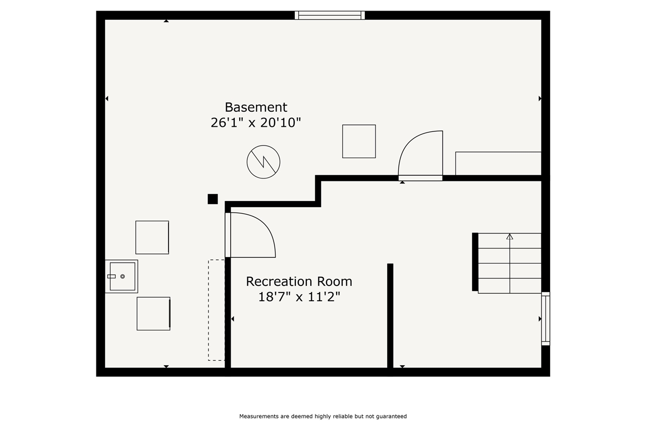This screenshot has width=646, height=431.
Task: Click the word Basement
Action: point(256,108)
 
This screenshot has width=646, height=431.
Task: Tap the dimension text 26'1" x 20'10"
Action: point(256,123)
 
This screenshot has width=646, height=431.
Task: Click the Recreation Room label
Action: point(299,281)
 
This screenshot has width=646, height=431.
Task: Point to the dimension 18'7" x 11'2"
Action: point(299,297)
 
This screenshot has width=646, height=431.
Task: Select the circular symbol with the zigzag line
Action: point(263,162)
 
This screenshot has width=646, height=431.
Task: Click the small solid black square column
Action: point(213,199)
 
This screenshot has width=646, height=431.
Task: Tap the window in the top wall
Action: point(330,15)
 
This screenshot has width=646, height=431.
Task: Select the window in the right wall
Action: point(546,319)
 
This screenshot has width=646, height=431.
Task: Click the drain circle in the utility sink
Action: point(123,276)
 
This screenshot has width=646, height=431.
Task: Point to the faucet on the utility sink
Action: point(112,276)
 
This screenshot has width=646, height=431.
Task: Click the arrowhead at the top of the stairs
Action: point(510,236)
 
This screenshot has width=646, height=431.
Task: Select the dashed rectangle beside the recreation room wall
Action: point(217,310)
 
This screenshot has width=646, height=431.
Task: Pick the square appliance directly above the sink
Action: point(152,237)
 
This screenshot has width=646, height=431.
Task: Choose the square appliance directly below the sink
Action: point(153,314)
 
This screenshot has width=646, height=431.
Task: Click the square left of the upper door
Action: point(359,141)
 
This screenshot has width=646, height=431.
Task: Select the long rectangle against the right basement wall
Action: point(498,163)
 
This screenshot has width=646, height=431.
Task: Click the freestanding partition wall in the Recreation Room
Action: point(390,316)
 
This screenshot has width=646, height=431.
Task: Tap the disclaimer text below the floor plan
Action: point(323,416)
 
